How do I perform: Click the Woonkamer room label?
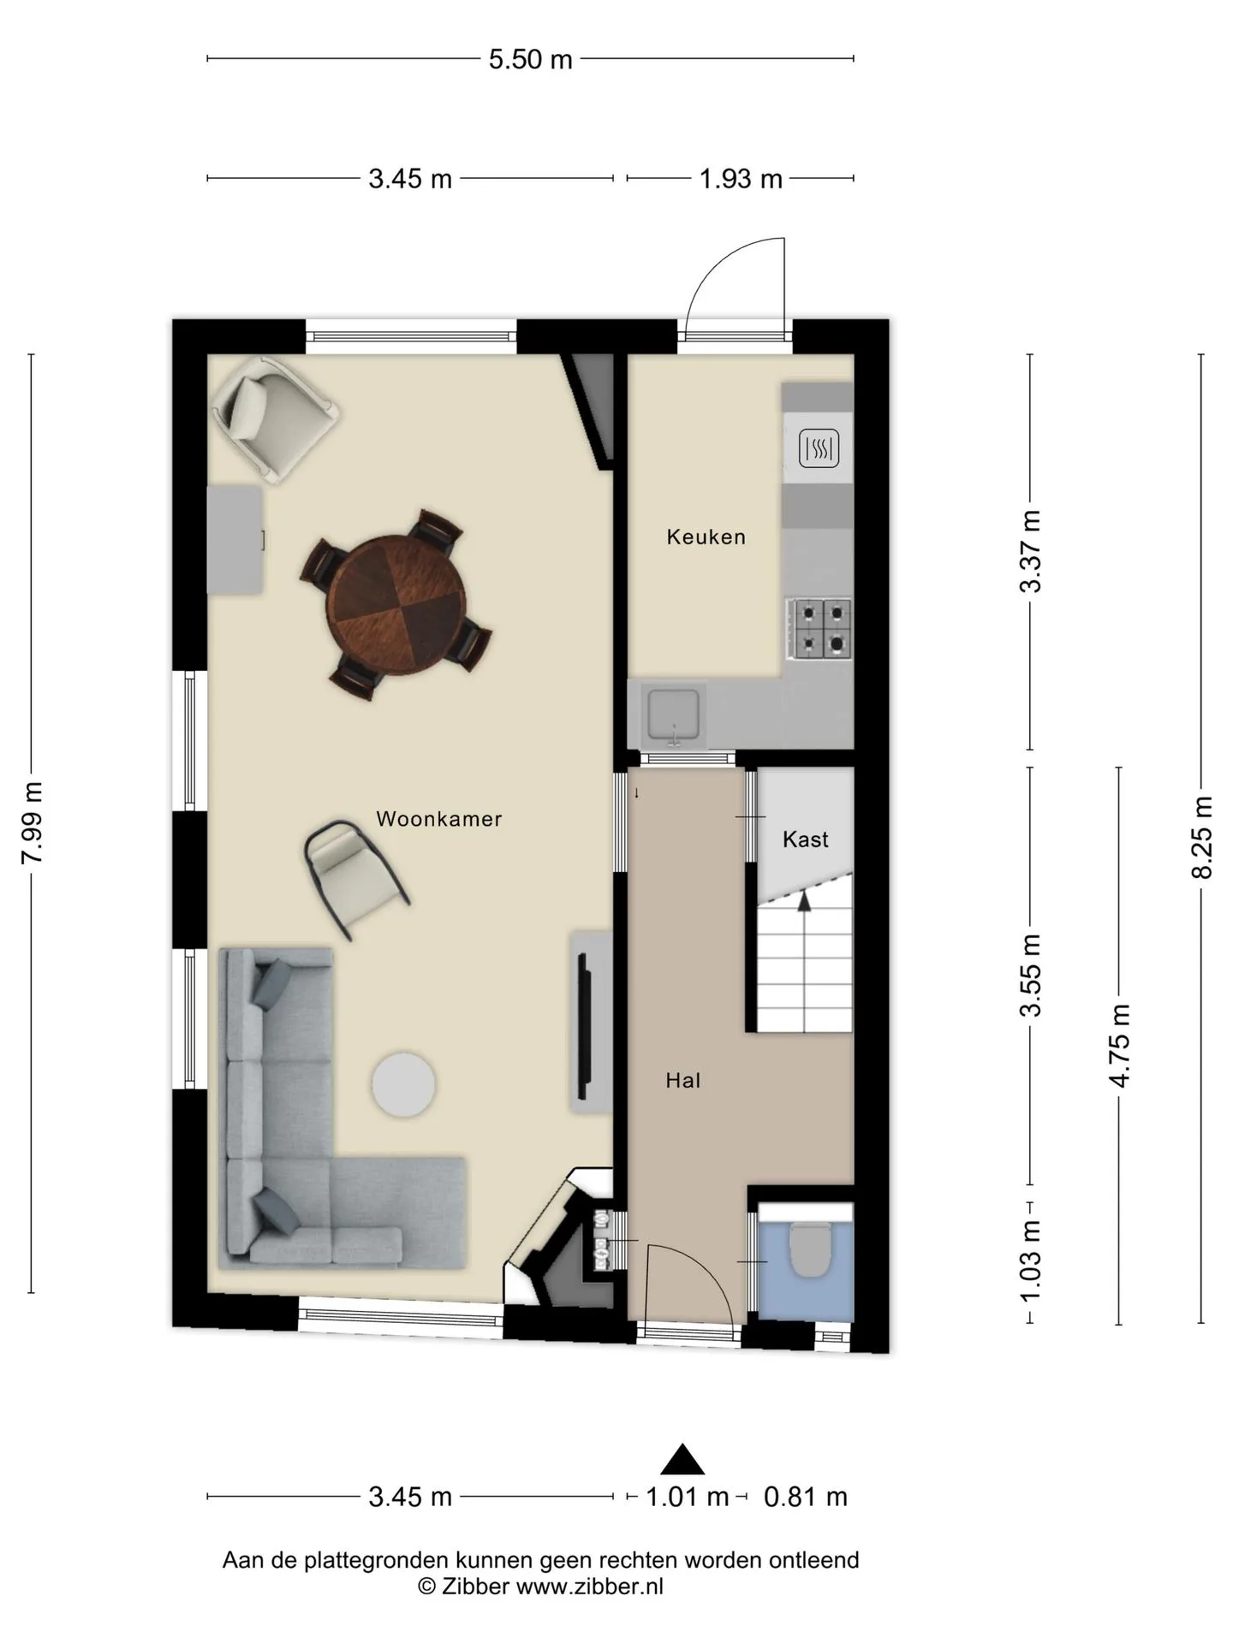pos(438,819)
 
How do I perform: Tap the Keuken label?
pos(706,537)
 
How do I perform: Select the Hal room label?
pos(683,1081)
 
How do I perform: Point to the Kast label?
pos(806,839)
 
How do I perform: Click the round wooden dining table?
pos(396,605)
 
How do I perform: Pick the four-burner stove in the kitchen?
pos(821,629)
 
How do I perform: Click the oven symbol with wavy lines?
pos(819,448)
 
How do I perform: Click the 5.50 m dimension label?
pos(531,59)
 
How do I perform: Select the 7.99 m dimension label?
pos(32,823)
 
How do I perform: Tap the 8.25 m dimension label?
pos(1201,837)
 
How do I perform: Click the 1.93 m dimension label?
pos(741,179)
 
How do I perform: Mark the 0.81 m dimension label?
pos(806,1497)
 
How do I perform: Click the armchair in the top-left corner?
pos(275,418)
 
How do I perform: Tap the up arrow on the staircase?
pos(803,903)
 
